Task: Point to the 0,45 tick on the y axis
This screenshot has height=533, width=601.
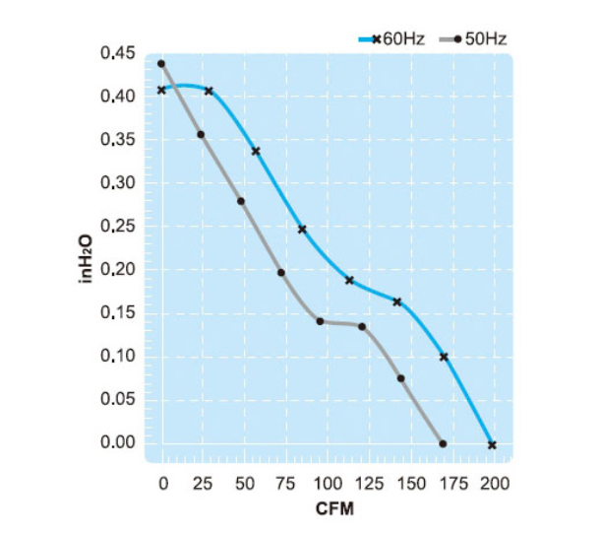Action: click(118, 53)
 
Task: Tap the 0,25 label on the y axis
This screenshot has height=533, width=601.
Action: click(118, 227)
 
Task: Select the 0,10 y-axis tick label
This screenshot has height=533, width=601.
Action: click(118, 357)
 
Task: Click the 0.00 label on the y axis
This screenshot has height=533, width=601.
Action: click(118, 442)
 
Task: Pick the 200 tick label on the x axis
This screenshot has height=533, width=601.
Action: click(495, 484)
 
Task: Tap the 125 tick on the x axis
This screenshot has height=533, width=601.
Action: click(370, 484)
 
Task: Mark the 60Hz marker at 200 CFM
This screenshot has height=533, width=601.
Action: click(492, 444)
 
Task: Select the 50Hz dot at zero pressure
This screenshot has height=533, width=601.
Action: click(444, 442)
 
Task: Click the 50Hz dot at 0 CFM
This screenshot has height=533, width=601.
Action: click(161, 64)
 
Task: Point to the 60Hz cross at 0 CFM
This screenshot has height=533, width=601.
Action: click(161, 90)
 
